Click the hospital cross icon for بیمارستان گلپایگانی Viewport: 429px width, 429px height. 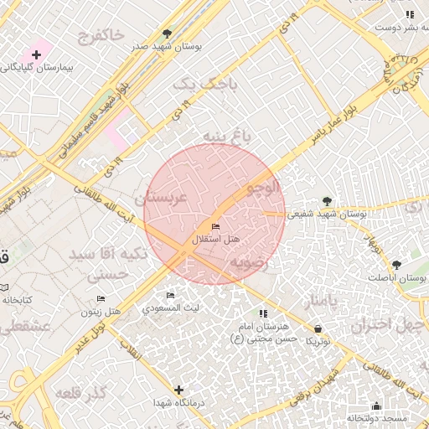coord(36,54)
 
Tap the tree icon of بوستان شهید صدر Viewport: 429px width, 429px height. coord(168,34)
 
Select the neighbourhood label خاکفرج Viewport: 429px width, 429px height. coord(100,35)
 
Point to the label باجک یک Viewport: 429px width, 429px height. coord(204,84)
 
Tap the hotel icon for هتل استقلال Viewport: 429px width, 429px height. coord(216,227)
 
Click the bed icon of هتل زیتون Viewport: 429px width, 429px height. coord(101,298)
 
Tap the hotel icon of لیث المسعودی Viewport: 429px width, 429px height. coord(171,296)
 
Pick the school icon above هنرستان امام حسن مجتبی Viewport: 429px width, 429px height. coord(263,313)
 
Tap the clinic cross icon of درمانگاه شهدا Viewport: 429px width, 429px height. coord(178,390)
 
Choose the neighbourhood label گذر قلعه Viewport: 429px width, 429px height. coord(82,393)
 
